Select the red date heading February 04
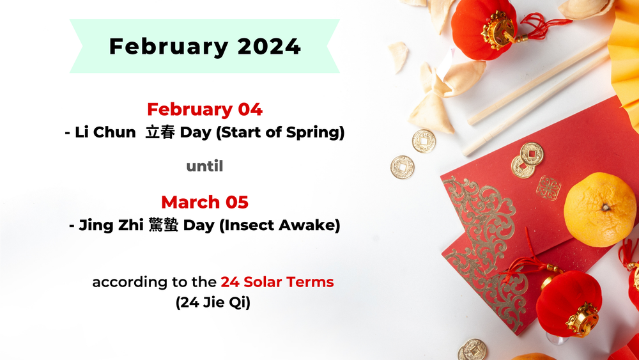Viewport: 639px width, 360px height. pyautogui.click(x=204, y=109)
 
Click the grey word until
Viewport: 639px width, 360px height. pyautogui.click(x=204, y=166)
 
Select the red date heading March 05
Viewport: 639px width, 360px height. pyautogui.click(x=204, y=202)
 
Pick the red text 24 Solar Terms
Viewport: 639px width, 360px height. pyautogui.click(x=277, y=282)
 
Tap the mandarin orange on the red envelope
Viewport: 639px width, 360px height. pyautogui.click(x=599, y=210)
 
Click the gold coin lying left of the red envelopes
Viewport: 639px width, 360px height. pyautogui.click(x=402, y=168)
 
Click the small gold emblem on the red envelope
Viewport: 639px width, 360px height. pyautogui.click(x=548, y=188)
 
